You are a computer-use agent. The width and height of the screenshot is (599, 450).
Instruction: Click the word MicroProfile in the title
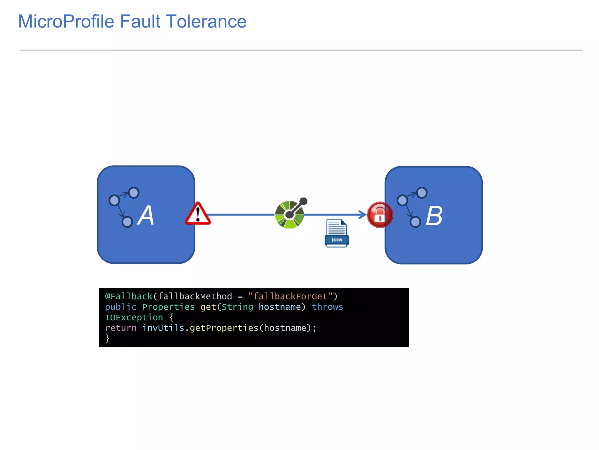click(x=66, y=22)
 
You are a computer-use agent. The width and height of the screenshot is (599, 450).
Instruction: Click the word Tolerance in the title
click(x=206, y=22)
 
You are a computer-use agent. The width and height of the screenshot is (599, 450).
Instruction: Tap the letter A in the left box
click(x=146, y=216)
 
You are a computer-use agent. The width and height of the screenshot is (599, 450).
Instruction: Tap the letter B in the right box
click(x=434, y=216)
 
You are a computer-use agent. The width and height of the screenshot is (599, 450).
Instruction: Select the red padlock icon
click(x=380, y=215)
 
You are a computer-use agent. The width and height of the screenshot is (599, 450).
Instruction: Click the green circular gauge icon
click(x=289, y=215)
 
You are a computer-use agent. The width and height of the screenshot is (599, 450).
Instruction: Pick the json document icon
click(x=336, y=233)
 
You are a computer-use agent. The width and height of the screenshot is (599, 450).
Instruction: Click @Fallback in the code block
click(x=128, y=296)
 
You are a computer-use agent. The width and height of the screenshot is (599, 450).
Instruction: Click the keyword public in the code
click(x=121, y=307)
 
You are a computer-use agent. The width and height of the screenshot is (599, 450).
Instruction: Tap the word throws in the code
click(x=327, y=307)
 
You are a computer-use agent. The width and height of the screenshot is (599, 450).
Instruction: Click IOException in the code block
click(x=134, y=317)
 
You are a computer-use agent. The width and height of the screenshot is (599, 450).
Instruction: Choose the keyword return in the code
click(x=121, y=328)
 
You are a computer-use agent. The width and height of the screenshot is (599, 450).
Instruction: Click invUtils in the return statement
click(x=163, y=328)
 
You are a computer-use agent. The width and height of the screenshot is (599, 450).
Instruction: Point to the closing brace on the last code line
click(x=107, y=338)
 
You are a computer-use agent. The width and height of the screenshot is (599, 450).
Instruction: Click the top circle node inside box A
click(x=134, y=192)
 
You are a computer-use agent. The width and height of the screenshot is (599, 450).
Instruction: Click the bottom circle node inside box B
click(x=415, y=222)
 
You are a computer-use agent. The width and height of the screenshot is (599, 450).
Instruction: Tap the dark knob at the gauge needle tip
click(x=304, y=201)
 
